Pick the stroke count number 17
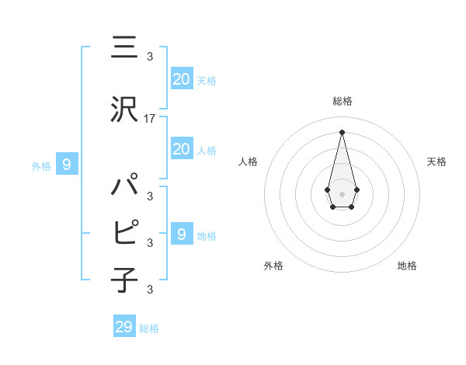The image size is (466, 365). point(150,119)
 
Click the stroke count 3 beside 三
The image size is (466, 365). point(149,57)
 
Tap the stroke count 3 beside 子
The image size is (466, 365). point(149,290)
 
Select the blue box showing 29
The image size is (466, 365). point(124,327)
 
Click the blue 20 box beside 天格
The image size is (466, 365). point(181,79)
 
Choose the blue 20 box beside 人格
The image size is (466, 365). point(181,149)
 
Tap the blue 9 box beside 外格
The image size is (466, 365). point(67,165)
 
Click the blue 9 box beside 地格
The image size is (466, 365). point(181,235)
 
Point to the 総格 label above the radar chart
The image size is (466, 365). point(342,101)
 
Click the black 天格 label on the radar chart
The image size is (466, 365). point(436,162)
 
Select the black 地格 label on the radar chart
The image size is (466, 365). point(407,266)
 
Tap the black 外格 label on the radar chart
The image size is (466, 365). point(273,266)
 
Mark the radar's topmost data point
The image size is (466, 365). point(342,131)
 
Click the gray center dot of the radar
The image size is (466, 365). point(342,193)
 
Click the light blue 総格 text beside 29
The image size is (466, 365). point(149,328)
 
